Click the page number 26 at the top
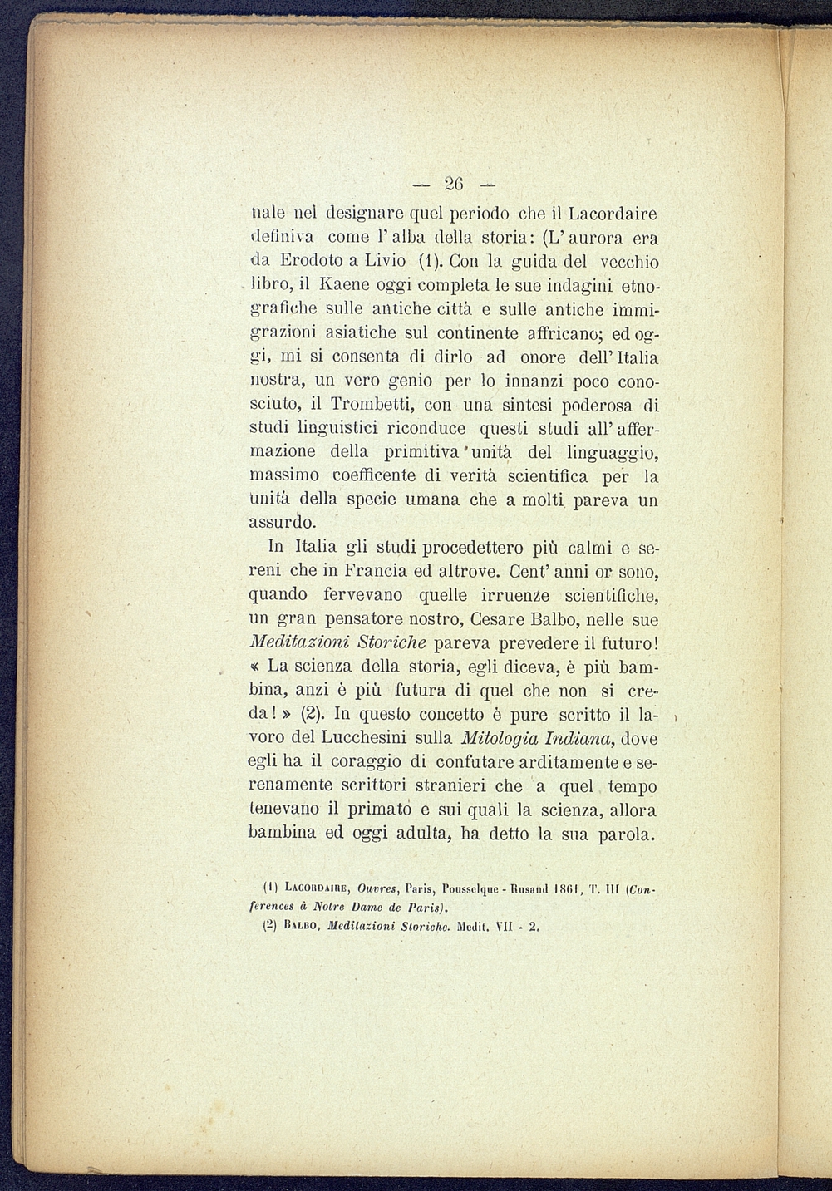tap(454, 183)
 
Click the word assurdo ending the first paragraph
tap(283, 524)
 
